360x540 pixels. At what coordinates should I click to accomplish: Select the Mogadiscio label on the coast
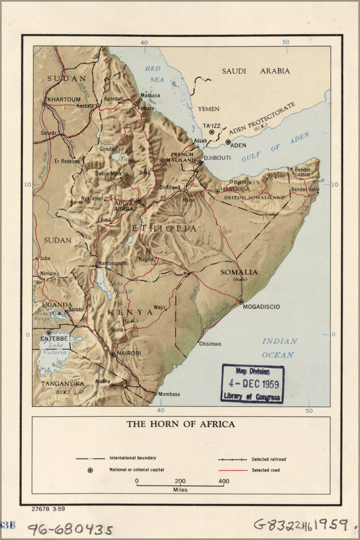(261, 307)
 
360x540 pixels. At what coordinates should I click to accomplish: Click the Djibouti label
(219, 158)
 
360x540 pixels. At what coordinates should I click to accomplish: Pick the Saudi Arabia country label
(256, 71)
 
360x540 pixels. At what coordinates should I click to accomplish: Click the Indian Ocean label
(279, 348)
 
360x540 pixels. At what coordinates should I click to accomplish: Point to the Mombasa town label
(169, 394)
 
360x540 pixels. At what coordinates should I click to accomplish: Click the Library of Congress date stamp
(252, 383)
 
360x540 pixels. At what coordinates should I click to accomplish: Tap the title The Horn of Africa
(181, 424)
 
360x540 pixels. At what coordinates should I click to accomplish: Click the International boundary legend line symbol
(90, 458)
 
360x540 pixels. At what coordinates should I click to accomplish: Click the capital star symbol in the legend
(90, 470)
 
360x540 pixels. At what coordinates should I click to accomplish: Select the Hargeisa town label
(237, 190)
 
